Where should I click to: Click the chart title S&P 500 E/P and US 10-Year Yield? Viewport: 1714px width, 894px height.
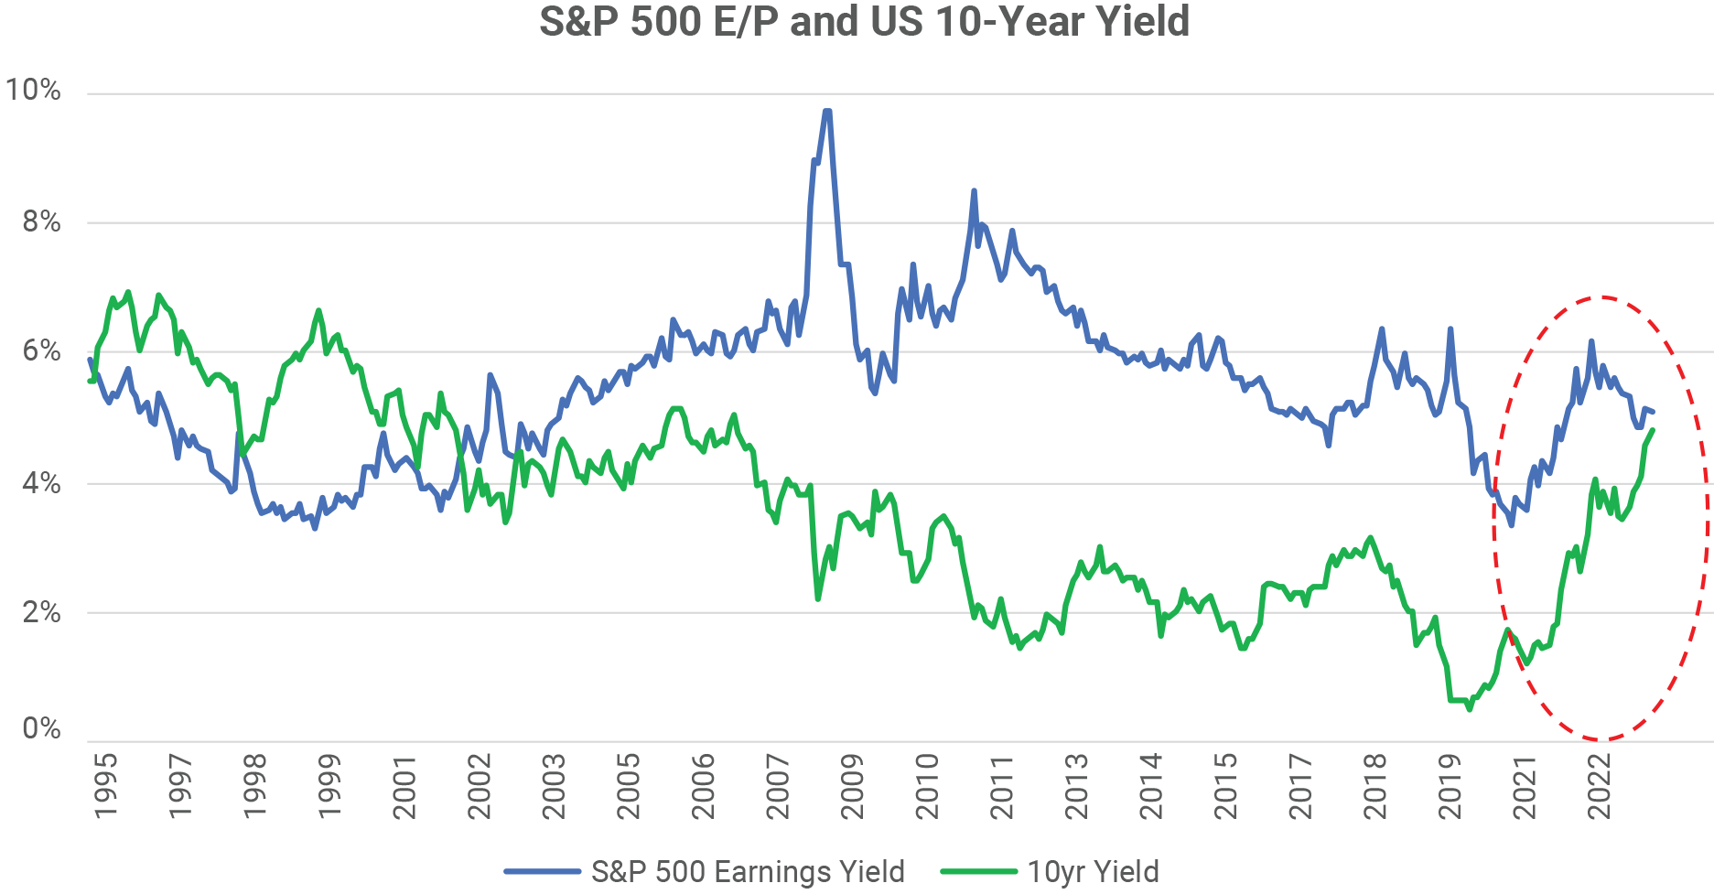tap(864, 22)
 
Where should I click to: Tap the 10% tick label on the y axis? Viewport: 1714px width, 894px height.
tap(33, 91)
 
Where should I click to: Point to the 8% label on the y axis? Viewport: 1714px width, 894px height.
tap(41, 221)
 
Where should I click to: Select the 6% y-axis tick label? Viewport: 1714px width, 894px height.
tap(41, 351)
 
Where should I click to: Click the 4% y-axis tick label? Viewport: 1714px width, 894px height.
tap(41, 483)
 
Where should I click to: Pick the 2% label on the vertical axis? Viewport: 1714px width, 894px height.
tap(41, 612)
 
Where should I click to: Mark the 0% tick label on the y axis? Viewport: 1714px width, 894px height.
tap(41, 729)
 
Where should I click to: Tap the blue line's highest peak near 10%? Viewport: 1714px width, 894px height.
tap(827, 111)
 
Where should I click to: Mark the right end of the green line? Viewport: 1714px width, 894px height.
tap(1653, 430)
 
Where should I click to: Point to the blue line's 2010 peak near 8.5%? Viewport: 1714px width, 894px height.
tap(974, 190)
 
